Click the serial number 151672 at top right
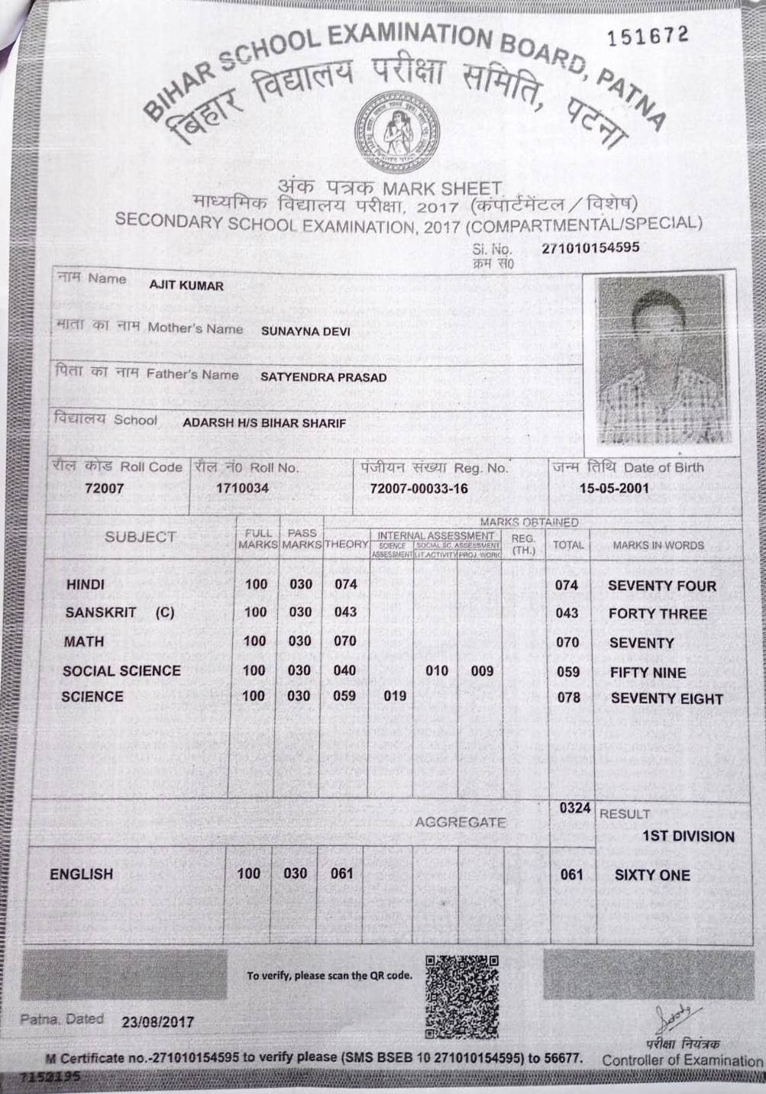[647, 34]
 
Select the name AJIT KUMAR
[186, 286]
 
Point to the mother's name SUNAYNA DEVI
[305, 331]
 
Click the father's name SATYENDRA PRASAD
[323, 377]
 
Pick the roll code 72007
[105, 489]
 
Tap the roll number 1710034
[242, 488]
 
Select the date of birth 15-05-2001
[614, 489]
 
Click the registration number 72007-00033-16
[418, 489]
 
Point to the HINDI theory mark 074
[346, 584]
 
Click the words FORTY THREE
[658, 614]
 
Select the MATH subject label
[84, 641]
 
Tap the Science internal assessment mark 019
[394, 695]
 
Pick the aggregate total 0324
[574, 808]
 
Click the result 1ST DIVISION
[687, 836]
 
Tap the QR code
[461, 996]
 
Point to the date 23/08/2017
[158, 1021]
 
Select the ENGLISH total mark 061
[571, 875]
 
